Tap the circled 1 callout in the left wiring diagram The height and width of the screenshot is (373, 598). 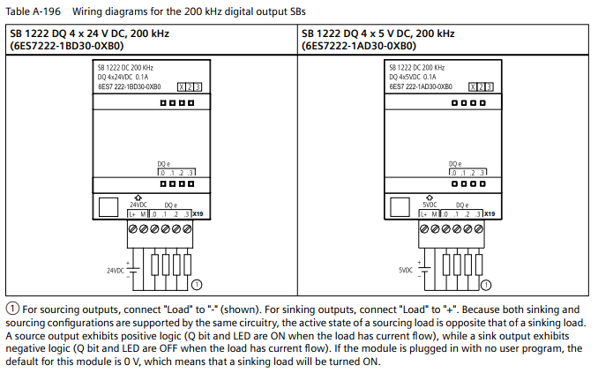[197, 284]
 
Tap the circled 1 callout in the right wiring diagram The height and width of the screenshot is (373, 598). [487, 284]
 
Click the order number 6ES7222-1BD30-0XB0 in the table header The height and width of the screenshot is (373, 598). [65, 46]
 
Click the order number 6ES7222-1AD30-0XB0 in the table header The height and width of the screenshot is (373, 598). [358, 46]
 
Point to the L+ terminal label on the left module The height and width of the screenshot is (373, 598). [131, 213]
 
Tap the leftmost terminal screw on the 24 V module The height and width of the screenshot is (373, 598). [132, 228]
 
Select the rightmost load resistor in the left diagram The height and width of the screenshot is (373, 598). [187, 265]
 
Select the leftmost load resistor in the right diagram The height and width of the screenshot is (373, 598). [446, 265]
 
